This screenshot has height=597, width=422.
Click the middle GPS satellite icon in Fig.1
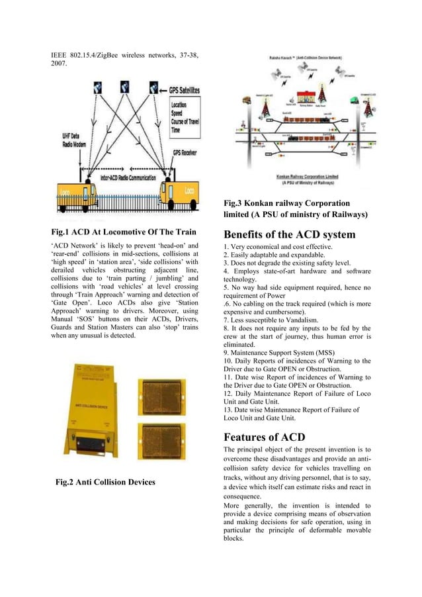point(124,87)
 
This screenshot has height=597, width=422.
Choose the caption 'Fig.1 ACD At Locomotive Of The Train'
point(124,232)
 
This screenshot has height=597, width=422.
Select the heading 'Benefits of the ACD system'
point(290,235)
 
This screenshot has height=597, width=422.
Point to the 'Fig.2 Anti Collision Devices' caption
point(106,482)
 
